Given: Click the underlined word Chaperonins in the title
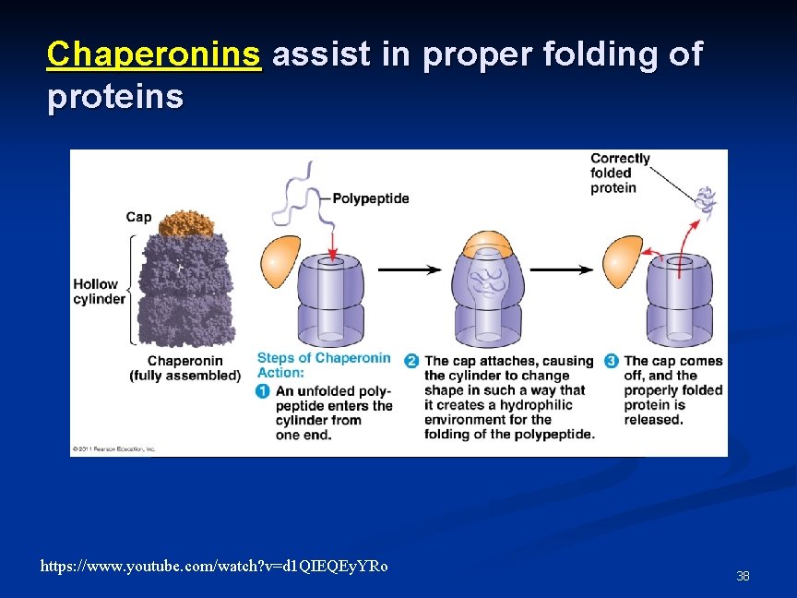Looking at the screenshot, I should point(154,54).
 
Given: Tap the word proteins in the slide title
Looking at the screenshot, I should point(115,96).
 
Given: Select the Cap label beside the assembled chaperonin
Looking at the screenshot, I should point(138,217).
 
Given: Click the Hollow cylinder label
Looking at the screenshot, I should point(99,292).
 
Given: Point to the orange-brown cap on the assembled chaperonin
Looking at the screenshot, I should point(186,223).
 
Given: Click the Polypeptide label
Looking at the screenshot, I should point(370,198).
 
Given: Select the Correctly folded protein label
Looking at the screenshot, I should point(620,173).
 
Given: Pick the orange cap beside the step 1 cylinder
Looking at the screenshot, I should point(281,262).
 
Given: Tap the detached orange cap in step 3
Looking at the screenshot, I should point(622,260).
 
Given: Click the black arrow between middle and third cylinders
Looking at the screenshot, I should point(562,269).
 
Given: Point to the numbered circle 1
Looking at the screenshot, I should point(263,391).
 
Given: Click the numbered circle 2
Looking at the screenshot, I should point(411,361).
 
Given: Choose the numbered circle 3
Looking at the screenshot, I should point(611,361).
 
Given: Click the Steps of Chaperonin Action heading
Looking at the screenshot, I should point(323,365).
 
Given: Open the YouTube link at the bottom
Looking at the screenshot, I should point(214,566).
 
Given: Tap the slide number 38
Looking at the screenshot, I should point(743,576).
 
